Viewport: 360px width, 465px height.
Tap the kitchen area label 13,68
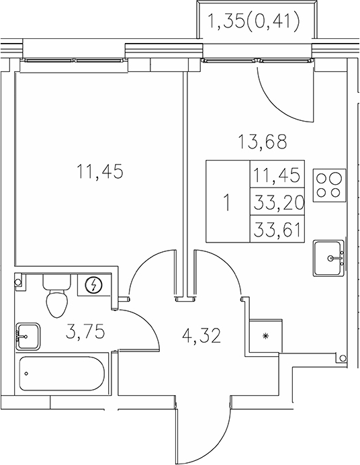[x=262, y=142]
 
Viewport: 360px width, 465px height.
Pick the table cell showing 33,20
[x=277, y=201]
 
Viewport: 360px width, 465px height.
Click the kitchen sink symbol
[x=330, y=257]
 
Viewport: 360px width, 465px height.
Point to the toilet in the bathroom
[x=57, y=299]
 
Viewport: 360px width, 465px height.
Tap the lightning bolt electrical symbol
[x=95, y=286]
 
